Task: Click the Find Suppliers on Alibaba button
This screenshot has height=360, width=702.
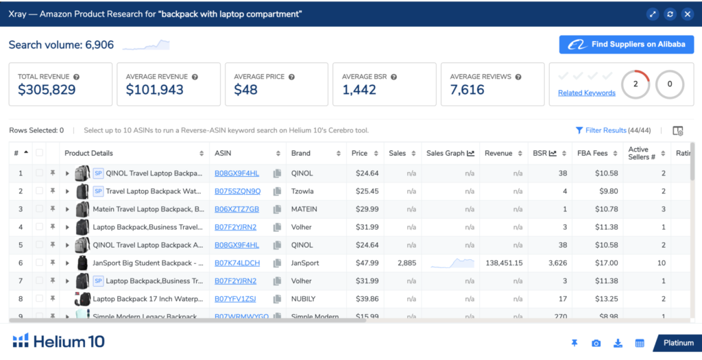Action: [x=627, y=45]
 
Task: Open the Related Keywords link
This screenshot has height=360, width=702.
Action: [x=586, y=93]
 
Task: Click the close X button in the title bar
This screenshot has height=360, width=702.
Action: [x=687, y=14]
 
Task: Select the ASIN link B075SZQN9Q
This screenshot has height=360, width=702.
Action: [x=237, y=191]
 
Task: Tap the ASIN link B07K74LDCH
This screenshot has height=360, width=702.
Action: [x=237, y=263]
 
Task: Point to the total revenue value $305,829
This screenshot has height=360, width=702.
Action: [x=47, y=90]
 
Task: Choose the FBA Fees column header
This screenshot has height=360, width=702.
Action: [x=593, y=153]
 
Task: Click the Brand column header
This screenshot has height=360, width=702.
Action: [x=301, y=153]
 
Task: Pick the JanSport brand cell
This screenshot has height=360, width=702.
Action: [x=306, y=263]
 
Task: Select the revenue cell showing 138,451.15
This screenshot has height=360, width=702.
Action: [x=504, y=263]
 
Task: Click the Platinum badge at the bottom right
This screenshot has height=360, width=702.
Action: [x=677, y=343]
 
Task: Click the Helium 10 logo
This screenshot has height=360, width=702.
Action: [x=59, y=341]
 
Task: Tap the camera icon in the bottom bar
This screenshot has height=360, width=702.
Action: [x=596, y=343]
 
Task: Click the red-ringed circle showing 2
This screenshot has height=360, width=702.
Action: [x=636, y=84]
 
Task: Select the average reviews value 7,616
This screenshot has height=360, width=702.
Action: [x=467, y=90]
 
